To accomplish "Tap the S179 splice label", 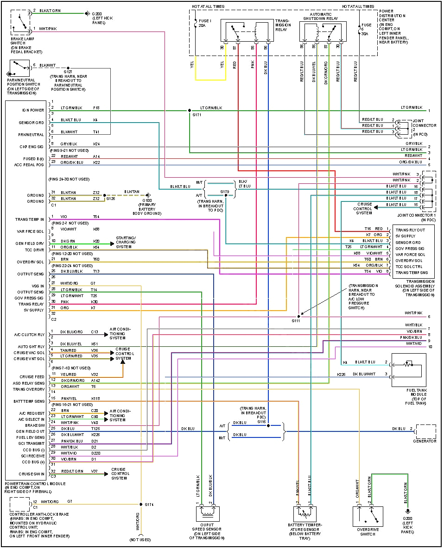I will point(225,191).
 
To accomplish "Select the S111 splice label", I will point(296,320).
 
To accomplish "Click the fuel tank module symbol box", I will point(408,370).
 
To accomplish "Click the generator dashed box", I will point(425,431).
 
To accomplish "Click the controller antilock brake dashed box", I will point(19,504).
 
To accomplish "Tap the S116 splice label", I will point(262,422).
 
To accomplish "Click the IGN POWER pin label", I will point(32,111).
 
